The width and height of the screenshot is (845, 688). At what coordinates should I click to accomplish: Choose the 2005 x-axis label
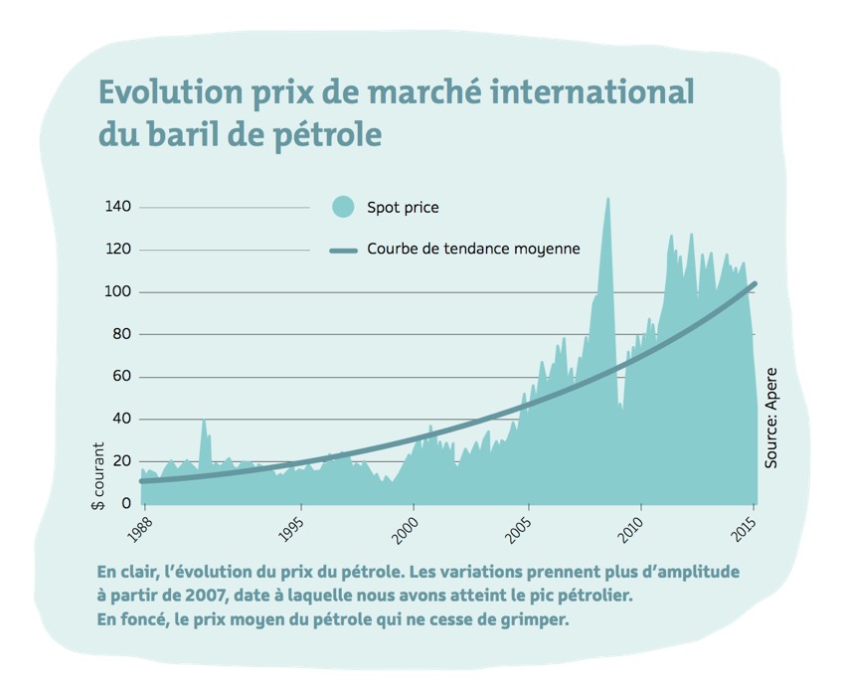pyautogui.click(x=520, y=528)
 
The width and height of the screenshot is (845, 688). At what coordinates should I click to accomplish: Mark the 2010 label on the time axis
pyautogui.click(x=632, y=528)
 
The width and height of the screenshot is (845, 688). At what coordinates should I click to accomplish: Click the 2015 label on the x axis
pyautogui.click(x=745, y=528)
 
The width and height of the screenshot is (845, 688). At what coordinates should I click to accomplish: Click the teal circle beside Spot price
pyautogui.click(x=343, y=207)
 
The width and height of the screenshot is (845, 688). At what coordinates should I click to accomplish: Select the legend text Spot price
pyautogui.click(x=403, y=208)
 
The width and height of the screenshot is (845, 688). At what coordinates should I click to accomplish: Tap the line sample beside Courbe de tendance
pyautogui.click(x=343, y=250)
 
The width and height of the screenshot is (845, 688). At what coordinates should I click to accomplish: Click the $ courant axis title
pyautogui.click(x=99, y=476)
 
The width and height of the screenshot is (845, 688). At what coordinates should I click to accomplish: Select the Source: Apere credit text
pyautogui.click(x=771, y=418)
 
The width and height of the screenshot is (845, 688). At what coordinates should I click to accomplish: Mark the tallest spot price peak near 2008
pyautogui.click(x=607, y=199)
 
